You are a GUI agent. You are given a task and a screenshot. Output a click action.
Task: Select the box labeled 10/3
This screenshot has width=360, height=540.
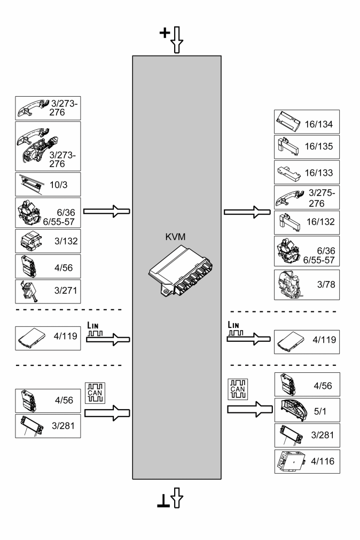point(48,184)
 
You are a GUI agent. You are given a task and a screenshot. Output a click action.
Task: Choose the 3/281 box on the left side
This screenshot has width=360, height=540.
point(48,426)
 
